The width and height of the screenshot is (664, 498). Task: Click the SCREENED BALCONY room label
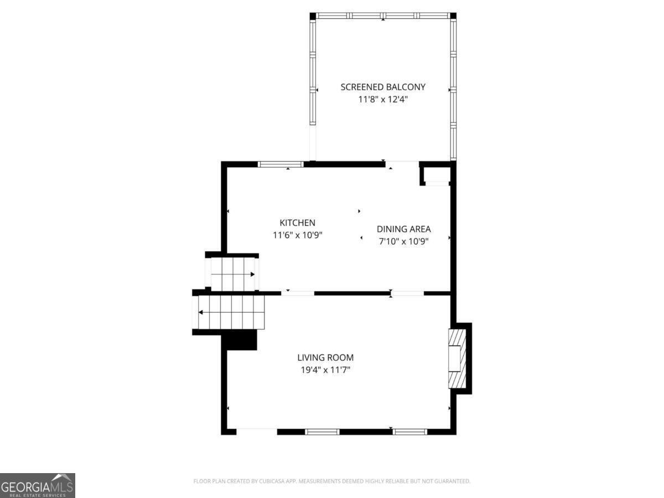coord(383,87)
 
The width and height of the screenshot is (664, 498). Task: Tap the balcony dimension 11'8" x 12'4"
coord(383,100)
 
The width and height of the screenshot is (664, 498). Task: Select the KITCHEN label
coord(297,222)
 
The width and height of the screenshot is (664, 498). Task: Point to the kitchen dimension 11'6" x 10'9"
coord(297,235)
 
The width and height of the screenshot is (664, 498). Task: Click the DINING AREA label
coord(403,229)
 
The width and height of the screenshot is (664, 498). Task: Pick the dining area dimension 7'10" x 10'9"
coord(403,241)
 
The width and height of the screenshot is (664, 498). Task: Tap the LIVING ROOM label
coord(325,357)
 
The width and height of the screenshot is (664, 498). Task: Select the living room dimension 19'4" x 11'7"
coord(325,370)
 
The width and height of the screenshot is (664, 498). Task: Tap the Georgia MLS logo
coord(37,485)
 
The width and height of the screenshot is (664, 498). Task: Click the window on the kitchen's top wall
coord(281,164)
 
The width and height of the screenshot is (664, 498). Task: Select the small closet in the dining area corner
coord(437,174)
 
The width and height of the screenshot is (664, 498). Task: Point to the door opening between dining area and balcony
coord(402,163)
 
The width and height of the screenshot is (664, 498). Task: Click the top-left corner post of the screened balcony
coord(313,15)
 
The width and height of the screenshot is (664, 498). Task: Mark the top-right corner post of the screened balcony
coord(453,15)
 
